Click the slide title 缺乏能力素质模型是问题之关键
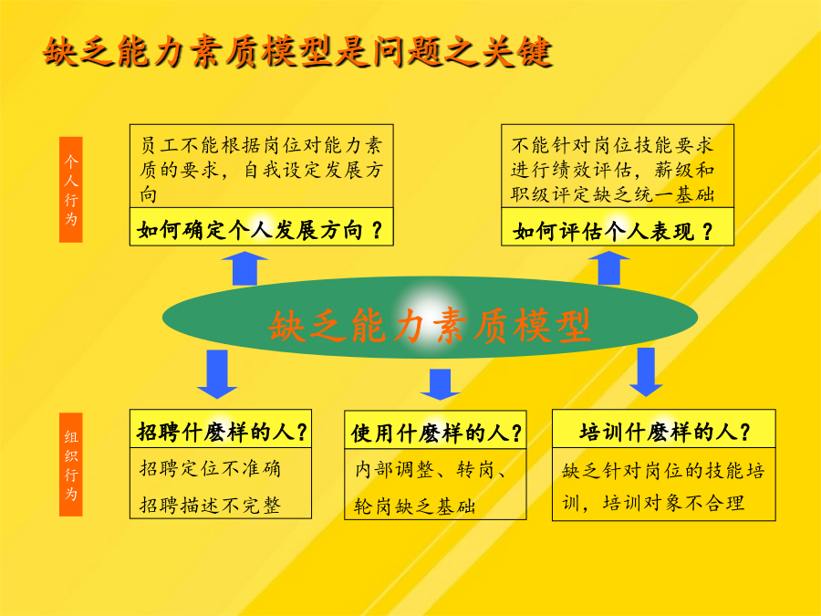point(297,51)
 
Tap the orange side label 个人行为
point(70,190)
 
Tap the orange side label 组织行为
point(70,465)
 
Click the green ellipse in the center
point(430,318)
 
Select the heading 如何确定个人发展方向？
point(260,230)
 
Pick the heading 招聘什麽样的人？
point(222,433)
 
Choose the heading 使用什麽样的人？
point(437,433)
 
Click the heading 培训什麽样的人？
point(665,433)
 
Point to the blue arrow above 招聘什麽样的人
point(217,374)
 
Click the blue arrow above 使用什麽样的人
point(440,384)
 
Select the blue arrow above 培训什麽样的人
point(646,372)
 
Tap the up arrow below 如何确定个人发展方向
point(244,268)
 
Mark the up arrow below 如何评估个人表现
point(609,267)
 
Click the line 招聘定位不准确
point(211,468)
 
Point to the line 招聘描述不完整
point(211,506)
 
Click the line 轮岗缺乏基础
point(415,506)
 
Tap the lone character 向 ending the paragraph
point(148,194)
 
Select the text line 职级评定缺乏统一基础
point(613,194)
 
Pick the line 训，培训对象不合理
point(653,503)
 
